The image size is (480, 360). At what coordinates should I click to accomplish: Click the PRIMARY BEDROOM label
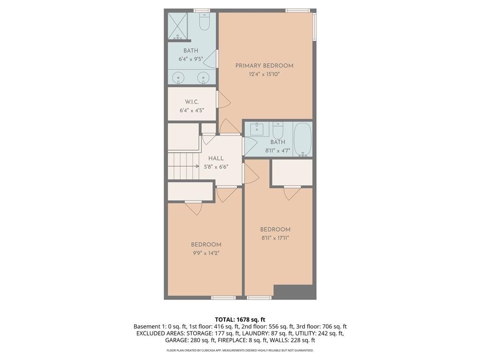coord(264,66)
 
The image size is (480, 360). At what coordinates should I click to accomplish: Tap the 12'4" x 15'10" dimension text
coord(264,74)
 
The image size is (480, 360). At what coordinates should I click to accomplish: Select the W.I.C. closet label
coord(192,102)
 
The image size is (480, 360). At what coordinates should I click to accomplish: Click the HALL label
coord(216,158)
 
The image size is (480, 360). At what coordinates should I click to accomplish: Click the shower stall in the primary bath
coord(178,26)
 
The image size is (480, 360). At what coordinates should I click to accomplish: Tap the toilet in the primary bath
coord(204,21)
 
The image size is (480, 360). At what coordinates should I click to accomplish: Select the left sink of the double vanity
coord(178,78)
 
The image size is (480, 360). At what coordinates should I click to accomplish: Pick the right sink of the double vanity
coord(203,78)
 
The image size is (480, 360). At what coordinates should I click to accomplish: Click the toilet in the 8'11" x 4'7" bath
coord(278,130)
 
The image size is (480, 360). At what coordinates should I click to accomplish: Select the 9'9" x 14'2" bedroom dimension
coord(206,253)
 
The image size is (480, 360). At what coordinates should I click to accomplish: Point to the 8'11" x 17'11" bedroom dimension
coord(275,238)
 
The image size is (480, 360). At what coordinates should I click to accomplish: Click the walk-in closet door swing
coord(224,99)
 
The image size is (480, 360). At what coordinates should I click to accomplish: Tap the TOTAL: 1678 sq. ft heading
coord(240,320)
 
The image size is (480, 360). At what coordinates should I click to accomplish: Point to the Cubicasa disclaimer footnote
coord(240,350)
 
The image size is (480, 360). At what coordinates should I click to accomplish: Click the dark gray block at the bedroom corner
coord(295,292)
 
